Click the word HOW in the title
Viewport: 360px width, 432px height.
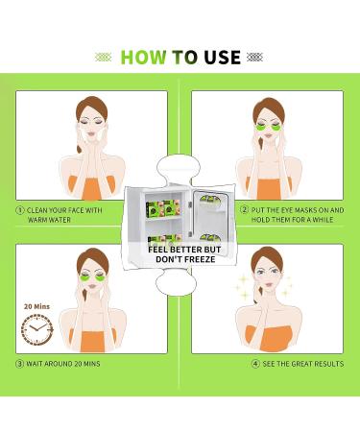pos(141,58)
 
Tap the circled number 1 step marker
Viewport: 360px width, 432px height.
pos(19,207)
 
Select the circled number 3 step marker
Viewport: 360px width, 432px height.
pos(19,364)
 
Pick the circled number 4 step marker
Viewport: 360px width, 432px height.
pos(255,364)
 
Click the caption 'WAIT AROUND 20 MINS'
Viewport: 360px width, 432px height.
pos(63,364)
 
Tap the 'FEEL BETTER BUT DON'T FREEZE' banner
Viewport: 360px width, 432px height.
pos(179,252)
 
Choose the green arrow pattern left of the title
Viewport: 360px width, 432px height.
pos(104,58)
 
